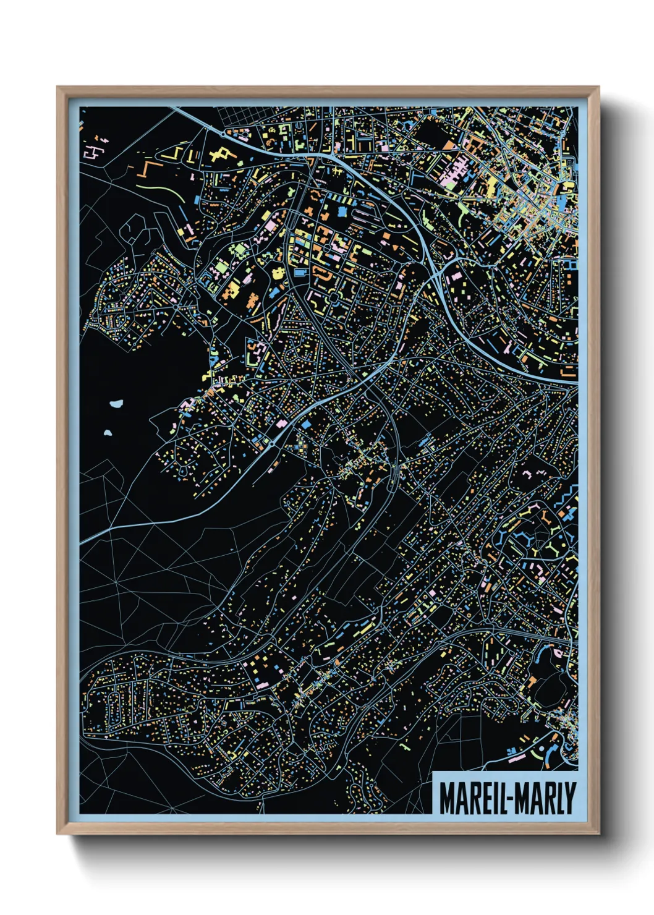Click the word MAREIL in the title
470,798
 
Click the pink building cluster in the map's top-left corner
95,151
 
